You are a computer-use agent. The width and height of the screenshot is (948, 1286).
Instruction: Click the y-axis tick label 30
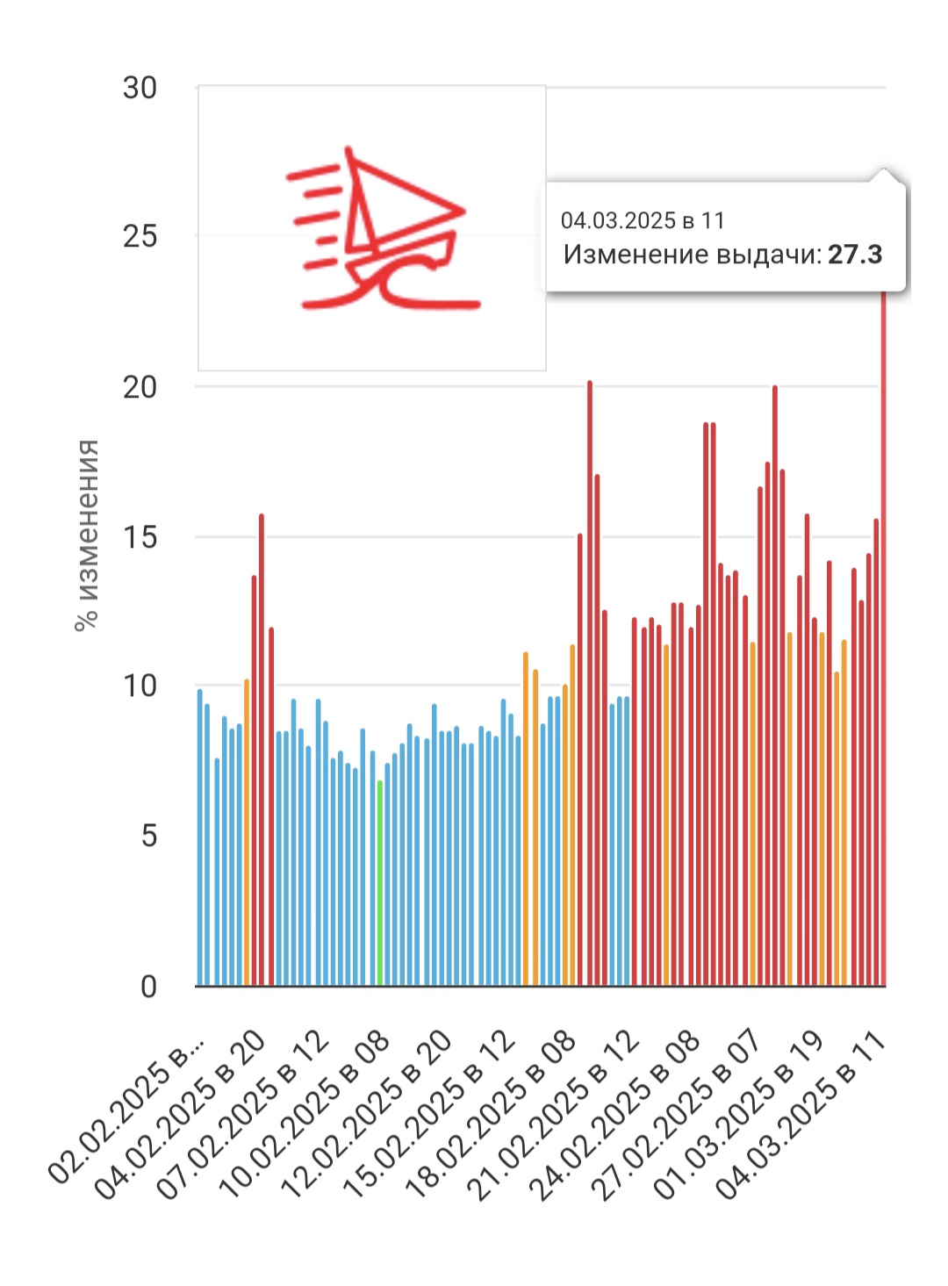click(140, 89)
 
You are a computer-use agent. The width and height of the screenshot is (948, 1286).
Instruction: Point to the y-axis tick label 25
click(140, 236)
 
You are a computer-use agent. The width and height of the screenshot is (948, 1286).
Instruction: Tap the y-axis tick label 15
click(140, 537)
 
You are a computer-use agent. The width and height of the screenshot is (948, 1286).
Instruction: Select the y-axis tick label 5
click(148, 836)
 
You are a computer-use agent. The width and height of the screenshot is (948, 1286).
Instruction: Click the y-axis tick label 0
click(148, 987)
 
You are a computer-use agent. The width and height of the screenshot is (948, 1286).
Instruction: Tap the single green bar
click(380, 882)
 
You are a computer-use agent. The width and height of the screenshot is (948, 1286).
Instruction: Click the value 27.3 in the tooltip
click(855, 255)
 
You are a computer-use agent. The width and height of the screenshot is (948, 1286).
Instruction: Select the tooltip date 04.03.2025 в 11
click(643, 220)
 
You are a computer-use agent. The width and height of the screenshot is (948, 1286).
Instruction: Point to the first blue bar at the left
click(200, 838)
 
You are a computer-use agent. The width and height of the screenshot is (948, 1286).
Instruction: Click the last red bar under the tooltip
click(884, 641)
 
